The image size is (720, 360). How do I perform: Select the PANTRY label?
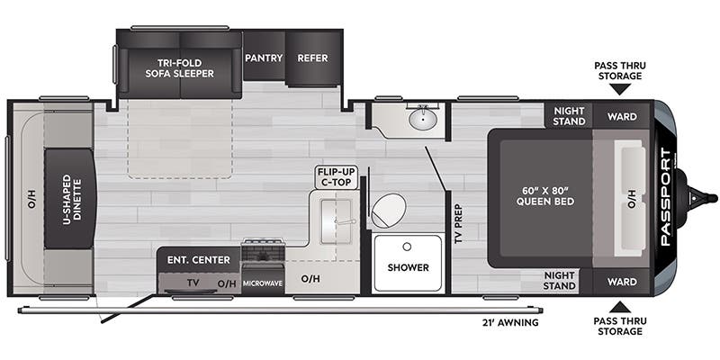264,58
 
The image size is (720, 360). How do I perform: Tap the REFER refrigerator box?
312,58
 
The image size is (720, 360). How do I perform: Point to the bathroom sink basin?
423,118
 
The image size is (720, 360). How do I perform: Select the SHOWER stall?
408,267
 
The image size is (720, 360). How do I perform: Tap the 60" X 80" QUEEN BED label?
540,196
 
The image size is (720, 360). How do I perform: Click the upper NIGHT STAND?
569,115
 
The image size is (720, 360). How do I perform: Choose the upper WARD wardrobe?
622,116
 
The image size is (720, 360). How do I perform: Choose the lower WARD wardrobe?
622,281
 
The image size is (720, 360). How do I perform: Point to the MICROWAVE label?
263,283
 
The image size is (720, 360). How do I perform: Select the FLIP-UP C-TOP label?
336,176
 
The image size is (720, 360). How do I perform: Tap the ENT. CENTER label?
198,260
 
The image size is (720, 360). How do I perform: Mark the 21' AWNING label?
508,323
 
